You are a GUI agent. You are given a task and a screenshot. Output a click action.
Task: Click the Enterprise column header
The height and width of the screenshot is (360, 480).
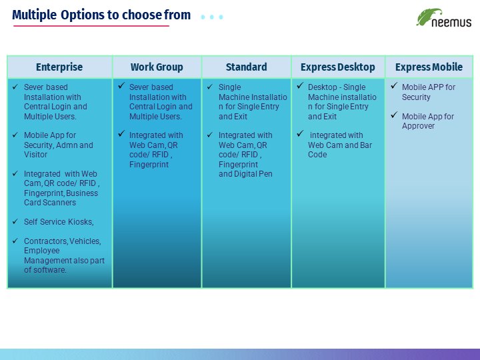[59, 67]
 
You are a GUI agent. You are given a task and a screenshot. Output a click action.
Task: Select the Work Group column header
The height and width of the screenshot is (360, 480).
[157, 67]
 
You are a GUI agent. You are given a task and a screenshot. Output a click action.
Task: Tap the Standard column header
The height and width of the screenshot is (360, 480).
[247, 67]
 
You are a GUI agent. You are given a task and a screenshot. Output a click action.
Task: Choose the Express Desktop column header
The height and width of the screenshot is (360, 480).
[337, 67]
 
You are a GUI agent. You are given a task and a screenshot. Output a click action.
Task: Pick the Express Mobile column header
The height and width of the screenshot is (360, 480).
[429, 67]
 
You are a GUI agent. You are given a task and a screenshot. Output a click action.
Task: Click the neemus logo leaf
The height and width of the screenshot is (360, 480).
[428, 17]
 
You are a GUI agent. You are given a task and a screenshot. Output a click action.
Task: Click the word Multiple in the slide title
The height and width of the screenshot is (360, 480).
[34, 15]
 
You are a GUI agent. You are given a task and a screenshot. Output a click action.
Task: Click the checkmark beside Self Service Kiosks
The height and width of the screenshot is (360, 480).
[15, 221]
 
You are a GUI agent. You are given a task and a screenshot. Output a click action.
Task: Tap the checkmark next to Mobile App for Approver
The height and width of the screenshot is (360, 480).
[394, 115]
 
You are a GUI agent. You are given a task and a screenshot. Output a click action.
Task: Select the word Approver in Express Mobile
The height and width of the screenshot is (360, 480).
[418, 126]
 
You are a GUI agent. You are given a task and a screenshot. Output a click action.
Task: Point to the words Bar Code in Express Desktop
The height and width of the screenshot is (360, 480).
[340, 150]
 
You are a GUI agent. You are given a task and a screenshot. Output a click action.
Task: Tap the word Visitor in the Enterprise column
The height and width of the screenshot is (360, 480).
[35, 154]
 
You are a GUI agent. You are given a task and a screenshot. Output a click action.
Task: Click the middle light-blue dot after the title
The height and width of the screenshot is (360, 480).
[212, 17]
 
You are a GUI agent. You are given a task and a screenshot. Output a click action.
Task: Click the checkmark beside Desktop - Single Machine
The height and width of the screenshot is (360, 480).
[300, 86]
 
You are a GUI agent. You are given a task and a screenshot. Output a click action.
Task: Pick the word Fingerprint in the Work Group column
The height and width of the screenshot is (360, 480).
[149, 165]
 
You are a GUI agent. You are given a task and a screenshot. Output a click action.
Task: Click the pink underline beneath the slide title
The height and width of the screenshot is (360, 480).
[91, 26]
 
